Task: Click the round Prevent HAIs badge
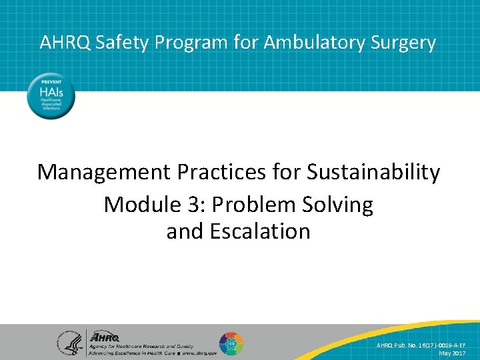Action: point(51,97)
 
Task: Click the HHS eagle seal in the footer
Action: point(69,342)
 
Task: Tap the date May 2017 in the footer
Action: point(453,353)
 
